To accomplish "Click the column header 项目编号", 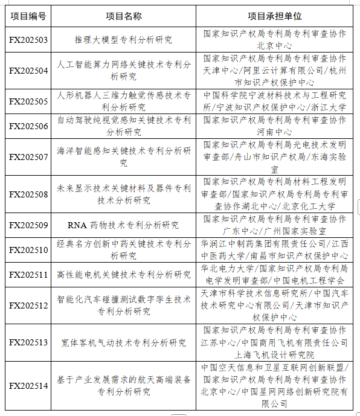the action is (x=28, y=16).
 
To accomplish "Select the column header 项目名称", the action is (x=124, y=16).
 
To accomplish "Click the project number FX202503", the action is (x=28, y=40).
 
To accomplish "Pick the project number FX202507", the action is (x=28, y=156).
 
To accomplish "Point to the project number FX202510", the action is (x=28, y=250).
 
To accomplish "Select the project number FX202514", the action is (x=28, y=386).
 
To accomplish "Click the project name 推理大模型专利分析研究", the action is (x=123, y=40).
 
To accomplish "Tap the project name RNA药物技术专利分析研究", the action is (x=123, y=225).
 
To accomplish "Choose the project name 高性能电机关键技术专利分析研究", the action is (x=123, y=275).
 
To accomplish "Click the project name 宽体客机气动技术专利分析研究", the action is (x=123, y=342).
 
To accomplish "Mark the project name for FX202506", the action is (x=123, y=126).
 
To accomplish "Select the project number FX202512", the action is (x=28, y=306).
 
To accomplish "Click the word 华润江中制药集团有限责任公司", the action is (x=263, y=243).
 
